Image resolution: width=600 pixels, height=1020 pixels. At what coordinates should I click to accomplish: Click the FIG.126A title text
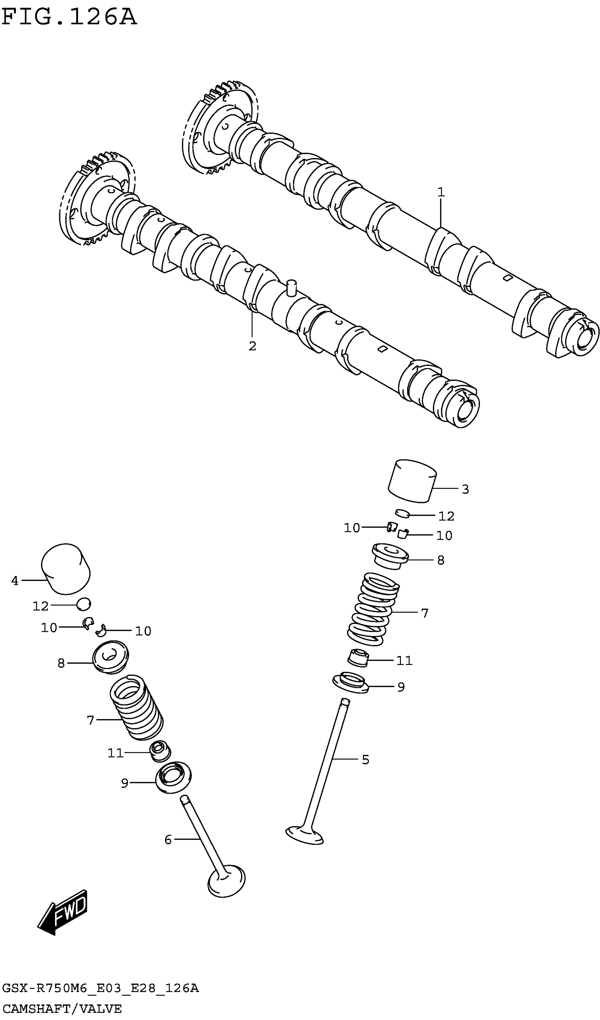[69, 17]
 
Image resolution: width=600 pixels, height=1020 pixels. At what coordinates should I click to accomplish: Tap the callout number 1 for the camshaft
[441, 192]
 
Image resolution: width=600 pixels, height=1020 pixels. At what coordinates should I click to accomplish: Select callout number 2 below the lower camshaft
[252, 346]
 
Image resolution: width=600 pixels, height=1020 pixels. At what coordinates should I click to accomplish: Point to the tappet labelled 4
[66, 569]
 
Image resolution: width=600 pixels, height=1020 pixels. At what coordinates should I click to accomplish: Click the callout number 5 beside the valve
[365, 760]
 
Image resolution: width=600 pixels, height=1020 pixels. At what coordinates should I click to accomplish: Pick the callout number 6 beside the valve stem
[168, 840]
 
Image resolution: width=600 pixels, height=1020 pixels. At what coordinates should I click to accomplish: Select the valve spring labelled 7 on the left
[137, 708]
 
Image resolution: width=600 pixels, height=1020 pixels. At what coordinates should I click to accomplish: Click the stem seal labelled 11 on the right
[358, 658]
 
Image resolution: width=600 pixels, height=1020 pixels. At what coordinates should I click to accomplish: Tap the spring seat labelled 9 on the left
[174, 777]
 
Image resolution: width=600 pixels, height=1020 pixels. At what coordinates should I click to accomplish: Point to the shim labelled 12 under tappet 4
[84, 604]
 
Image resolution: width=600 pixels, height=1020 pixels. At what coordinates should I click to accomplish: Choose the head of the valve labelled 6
[226, 880]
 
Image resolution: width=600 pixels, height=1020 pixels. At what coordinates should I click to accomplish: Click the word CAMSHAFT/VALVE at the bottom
[61, 1009]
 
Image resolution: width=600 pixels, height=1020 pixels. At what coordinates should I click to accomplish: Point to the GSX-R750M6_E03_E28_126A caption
[100, 989]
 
